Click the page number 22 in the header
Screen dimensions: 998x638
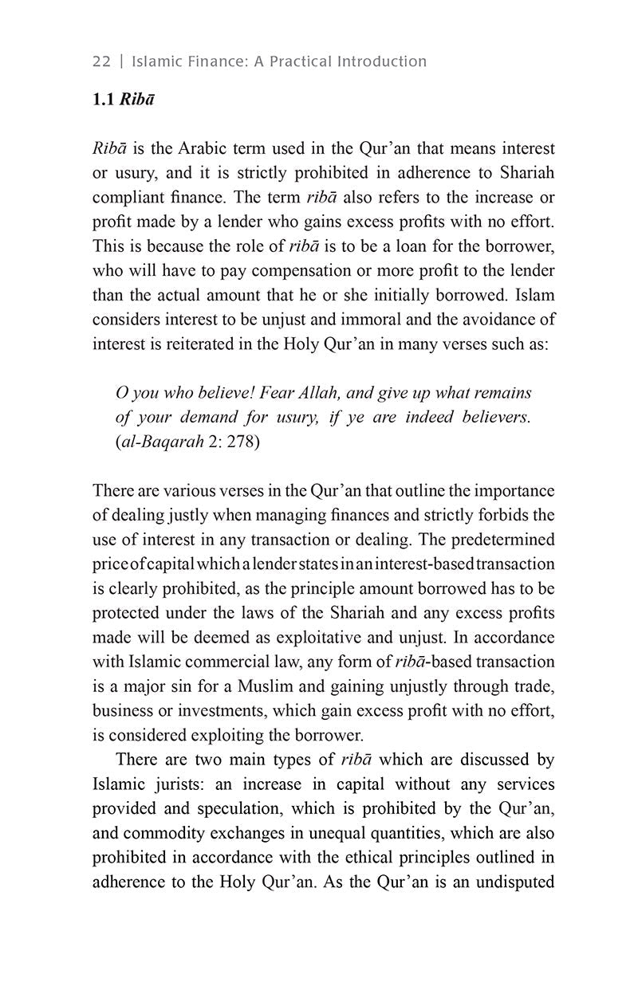point(102,61)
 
